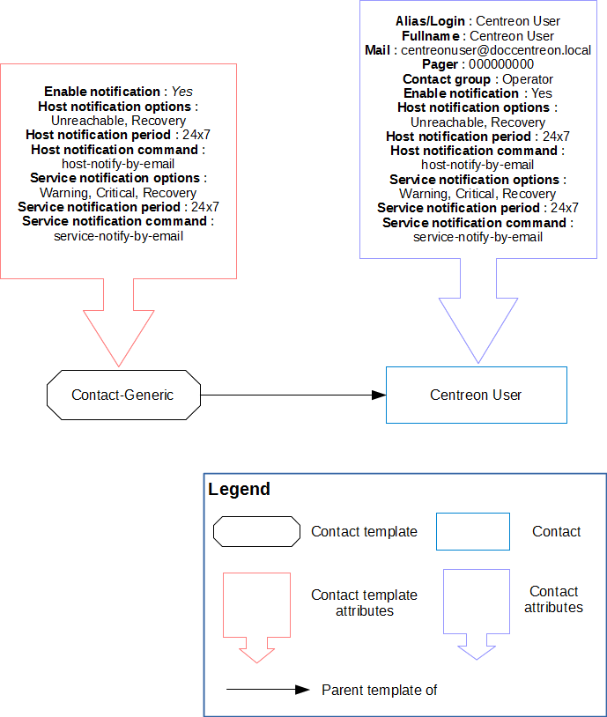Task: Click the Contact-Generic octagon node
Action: [123, 395]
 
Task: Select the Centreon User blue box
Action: [476, 395]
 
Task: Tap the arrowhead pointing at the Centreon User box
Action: [378, 395]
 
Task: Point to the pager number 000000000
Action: [500, 64]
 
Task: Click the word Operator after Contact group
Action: [528, 79]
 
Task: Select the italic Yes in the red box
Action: [182, 91]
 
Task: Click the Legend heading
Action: [240, 490]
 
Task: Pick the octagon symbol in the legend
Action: [256, 531]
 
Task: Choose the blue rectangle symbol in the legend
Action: [473, 531]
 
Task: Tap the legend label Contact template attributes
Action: [364, 602]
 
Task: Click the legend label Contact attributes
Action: [553, 599]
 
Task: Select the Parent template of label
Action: [379, 690]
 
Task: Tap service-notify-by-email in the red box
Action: [118, 235]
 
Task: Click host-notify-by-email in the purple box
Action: [477, 165]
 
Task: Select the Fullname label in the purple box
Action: [432, 36]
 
